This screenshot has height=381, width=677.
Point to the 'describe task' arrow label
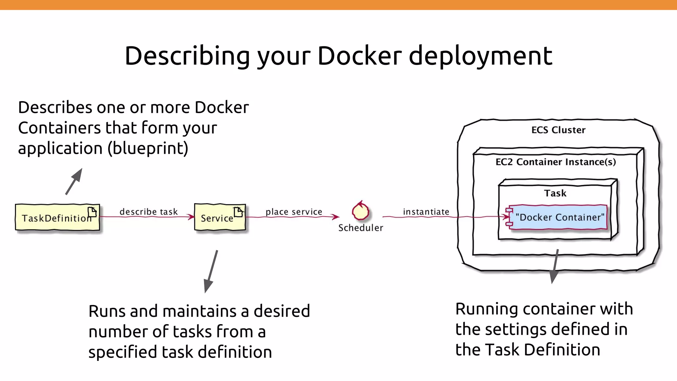pyautogui.click(x=148, y=212)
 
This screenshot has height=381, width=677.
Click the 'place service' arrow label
pyautogui.click(x=294, y=212)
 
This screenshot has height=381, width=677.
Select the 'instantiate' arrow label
pyautogui.click(x=426, y=212)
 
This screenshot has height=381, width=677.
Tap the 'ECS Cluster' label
pyautogui.click(x=558, y=130)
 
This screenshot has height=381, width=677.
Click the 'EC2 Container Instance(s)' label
pyautogui.click(x=555, y=162)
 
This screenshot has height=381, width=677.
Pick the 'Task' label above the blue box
pyautogui.click(x=555, y=193)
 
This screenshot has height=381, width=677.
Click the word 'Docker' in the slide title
pyautogui.click(x=360, y=56)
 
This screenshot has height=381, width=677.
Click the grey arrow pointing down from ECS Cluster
pyautogui.click(x=555, y=267)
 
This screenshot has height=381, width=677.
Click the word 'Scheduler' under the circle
pyautogui.click(x=360, y=228)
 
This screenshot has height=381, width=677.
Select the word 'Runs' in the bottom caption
pyautogui.click(x=106, y=311)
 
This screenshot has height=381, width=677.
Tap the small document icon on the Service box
pyautogui.click(x=238, y=212)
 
